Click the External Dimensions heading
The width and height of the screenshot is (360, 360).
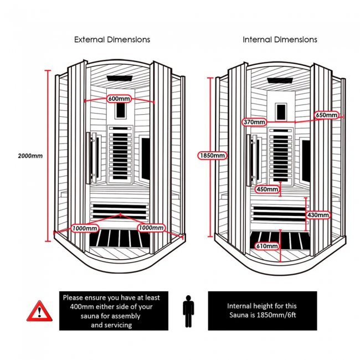click(112, 40)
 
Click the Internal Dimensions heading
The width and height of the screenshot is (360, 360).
click(280, 40)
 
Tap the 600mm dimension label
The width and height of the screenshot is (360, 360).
click(119, 99)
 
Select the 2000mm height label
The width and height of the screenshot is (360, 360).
click(30, 156)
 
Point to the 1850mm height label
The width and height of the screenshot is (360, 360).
click(212, 156)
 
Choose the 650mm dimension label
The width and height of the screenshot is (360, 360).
click(326, 115)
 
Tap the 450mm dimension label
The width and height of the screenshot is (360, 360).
click(267, 189)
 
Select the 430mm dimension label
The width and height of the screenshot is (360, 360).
click(318, 215)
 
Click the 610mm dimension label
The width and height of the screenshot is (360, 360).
click(268, 246)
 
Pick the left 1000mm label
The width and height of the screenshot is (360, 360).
click(85, 228)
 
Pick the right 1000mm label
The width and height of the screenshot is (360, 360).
click(151, 228)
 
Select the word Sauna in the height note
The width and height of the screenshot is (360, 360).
click(239, 315)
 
